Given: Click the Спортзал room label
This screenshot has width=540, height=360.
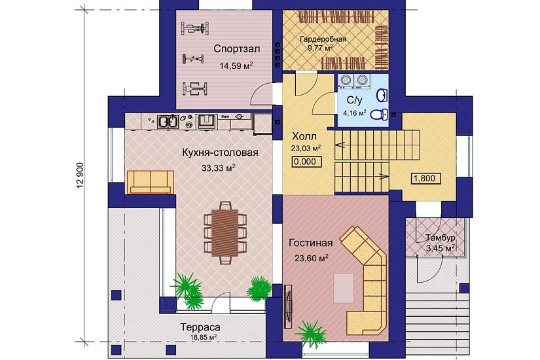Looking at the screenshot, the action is click(236, 48).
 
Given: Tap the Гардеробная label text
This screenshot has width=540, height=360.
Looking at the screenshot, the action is click(323, 39).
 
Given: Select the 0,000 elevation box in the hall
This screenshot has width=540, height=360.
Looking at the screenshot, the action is click(306, 162).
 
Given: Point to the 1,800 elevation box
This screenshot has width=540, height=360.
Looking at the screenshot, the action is click(426, 179).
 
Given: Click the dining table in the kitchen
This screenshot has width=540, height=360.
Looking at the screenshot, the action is click(225, 233).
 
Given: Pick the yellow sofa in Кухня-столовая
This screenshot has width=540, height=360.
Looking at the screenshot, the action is click(151, 182).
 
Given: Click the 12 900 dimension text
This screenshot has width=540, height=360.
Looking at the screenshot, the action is click(81, 175).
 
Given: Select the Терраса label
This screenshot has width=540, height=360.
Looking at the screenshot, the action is click(200, 327).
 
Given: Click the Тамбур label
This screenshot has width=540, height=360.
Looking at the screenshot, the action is click(441, 238).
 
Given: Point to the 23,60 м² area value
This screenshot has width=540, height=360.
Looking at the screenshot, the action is click(312, 258).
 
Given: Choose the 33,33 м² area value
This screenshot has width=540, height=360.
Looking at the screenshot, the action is click(219, 168).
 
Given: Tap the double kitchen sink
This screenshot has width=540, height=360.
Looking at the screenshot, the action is click(168, 122).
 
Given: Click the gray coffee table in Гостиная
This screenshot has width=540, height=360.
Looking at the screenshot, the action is click(344, 289).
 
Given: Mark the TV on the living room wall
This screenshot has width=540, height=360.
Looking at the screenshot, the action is click(288, 306).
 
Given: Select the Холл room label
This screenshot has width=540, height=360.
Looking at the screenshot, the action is click(304, 136).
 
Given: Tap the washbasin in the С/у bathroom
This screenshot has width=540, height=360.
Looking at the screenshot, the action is click(382, 95).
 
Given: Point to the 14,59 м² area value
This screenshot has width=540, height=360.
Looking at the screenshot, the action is click(236, 65).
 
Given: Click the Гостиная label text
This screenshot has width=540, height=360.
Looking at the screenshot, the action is click(311, 243).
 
